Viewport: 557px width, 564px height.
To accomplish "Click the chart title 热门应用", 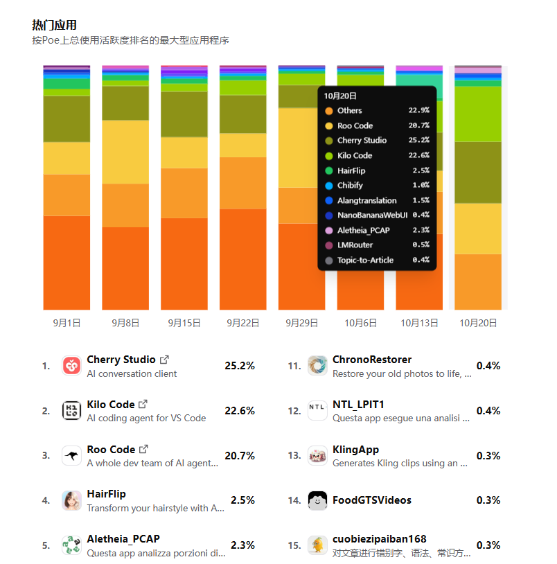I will click(x=54, y=25).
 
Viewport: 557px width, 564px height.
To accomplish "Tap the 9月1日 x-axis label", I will click(x=67, y=323).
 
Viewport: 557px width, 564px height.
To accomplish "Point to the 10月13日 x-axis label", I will click(x=419, y=323).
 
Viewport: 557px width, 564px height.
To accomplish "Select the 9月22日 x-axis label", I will click(x=243, y=323).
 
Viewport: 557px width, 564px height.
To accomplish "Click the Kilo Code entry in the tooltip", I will click(x=355, y=155).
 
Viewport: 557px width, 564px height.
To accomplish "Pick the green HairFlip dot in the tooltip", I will click(x=328, y=170).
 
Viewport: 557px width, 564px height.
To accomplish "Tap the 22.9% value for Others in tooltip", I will click(x=418, y=110).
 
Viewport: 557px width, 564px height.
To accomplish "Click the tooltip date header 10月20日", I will click(x=340, y=96).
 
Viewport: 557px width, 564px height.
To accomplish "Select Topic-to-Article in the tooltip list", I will click(x=365, y=260).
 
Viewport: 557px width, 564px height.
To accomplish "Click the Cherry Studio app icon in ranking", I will click(x=71, y=365).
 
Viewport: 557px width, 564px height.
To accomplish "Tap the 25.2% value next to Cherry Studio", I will click(x=240, y=366).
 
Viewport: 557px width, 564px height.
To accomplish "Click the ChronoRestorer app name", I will click(x=372, y=360).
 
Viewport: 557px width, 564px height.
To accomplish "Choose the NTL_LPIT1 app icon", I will click(x=317, y=410).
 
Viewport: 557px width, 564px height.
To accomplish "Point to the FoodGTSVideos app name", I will click(x=372, y=500).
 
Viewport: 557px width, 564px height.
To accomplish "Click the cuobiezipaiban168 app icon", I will click(x=317, y=545).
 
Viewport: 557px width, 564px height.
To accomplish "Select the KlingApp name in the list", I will click(x=355, y=450).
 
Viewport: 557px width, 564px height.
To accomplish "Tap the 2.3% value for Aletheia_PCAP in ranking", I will click(x=242, y=545).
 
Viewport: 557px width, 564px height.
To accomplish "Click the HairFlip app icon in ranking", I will click(x=71, y=500).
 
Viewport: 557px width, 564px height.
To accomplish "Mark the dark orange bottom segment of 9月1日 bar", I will click(x=67, y=263).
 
